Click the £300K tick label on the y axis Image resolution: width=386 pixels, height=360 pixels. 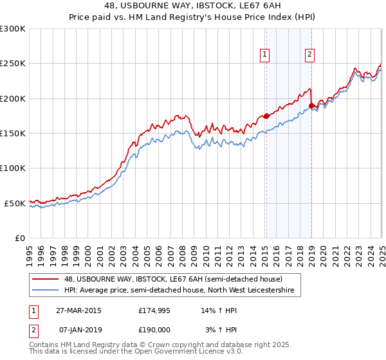point(13,29)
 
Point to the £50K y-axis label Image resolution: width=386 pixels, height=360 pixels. point(15,203)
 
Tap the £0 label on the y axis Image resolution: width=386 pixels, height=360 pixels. point(20,238)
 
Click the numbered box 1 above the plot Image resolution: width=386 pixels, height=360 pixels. point(265,55)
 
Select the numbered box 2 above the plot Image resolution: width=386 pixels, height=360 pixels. point(309,55)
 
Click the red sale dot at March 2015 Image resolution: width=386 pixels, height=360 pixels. point(266,116)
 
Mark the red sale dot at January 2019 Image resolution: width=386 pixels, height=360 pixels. point(311,106)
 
